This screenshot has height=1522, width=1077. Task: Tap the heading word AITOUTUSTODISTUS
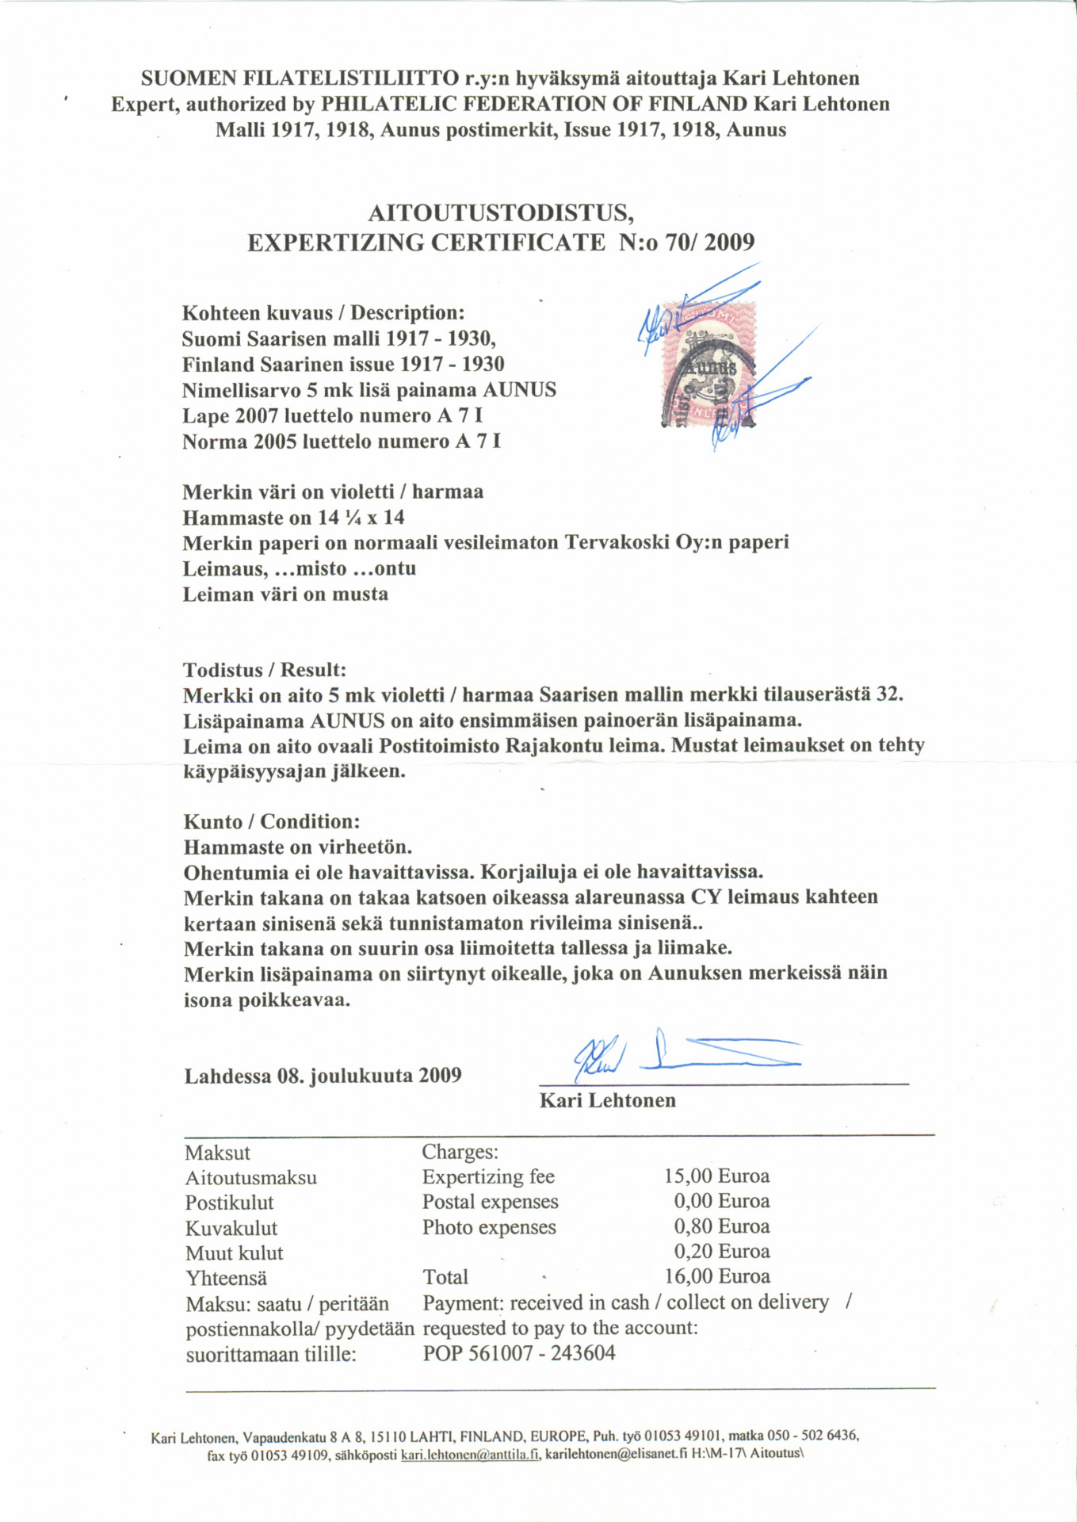click(501, 213)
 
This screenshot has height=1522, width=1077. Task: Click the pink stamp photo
click(708, 364)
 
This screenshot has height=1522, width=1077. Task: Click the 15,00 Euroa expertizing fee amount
click(716, 1176)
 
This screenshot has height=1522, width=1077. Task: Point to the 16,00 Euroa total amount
click(716, 1276)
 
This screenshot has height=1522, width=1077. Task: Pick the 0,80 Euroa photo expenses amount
click(721, 1226)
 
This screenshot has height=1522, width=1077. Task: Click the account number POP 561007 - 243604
click(519, 1353)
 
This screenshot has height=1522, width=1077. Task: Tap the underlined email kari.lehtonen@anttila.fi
click(471, 1455)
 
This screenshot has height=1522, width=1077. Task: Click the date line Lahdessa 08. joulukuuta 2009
click(323, 1076)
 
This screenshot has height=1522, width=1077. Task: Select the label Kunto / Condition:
click(272, 821)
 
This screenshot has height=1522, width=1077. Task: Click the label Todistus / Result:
click(265, 670)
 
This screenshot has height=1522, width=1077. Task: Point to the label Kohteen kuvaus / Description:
click(323, 312)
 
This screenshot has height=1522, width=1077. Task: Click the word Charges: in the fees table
click(460, 1151)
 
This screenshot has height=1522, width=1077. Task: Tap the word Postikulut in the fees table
click(229, 1203)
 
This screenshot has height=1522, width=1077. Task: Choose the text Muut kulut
click(234, 1253)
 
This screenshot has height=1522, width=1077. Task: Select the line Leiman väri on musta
click(285, 594)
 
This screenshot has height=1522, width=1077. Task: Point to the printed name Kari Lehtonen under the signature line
click(607, 1100)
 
